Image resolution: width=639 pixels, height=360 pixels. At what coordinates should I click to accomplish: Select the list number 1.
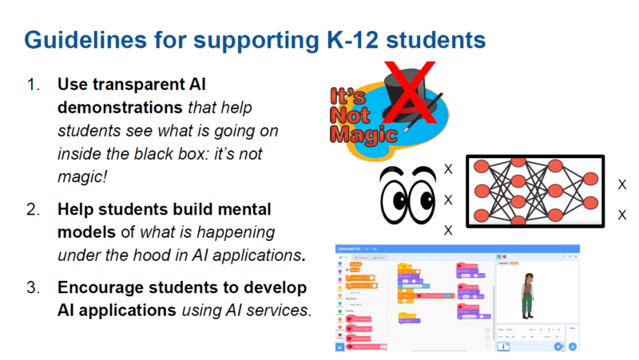(x=33, y=84)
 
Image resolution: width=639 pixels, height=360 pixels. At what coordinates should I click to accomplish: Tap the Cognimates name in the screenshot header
(x=355, y=250)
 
